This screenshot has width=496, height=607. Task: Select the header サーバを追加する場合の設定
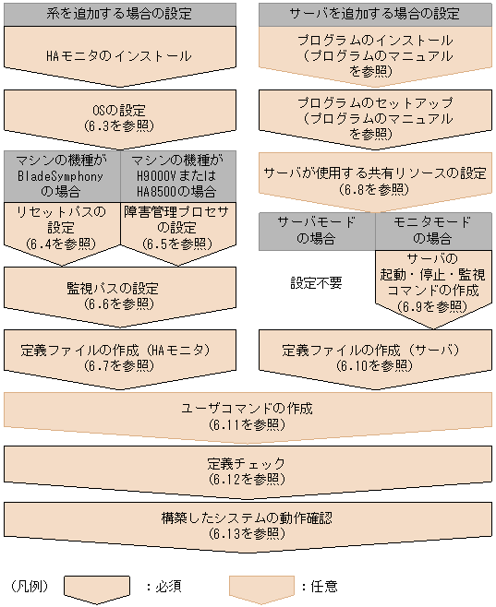(x=374, y=14)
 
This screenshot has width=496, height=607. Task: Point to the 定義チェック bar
(x=248, y=470)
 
